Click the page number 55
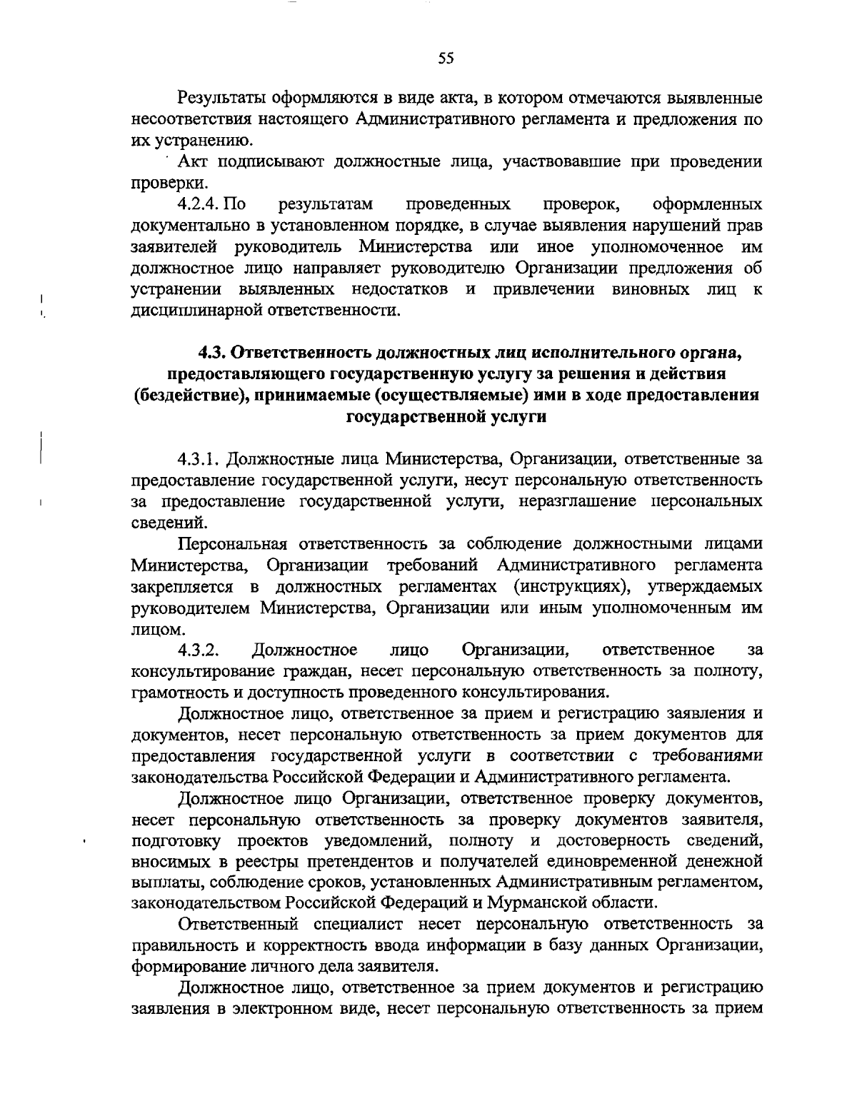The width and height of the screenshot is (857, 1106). click(446, 59)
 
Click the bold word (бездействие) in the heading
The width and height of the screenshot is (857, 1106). click(188, 396)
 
